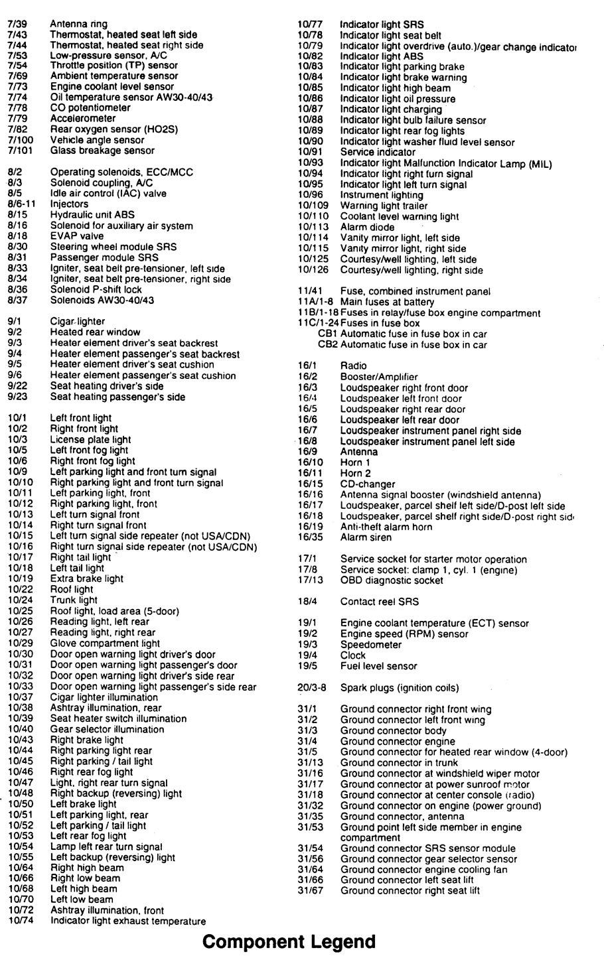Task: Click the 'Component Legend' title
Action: tap(289, 941)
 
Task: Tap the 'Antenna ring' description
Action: tap(78, 24)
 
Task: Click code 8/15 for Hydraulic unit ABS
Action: tap(17, 215)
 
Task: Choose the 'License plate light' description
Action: tap(90, 439)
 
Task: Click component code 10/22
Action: tap(19, 589)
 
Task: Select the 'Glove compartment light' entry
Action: tap(105, 643)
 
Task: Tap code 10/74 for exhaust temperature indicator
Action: tap(19, 921)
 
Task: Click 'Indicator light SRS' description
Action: tap(382, 25)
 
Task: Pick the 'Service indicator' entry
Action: tap(378, 152)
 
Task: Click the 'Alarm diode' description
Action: tap(367, 227)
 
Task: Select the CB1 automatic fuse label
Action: tap(328, 334)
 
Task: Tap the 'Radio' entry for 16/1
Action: tap(353, 366)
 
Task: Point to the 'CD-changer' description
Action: tap(367, 484)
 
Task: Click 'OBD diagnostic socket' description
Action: tap(392, 580)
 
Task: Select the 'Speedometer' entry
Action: tap(370, 645)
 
